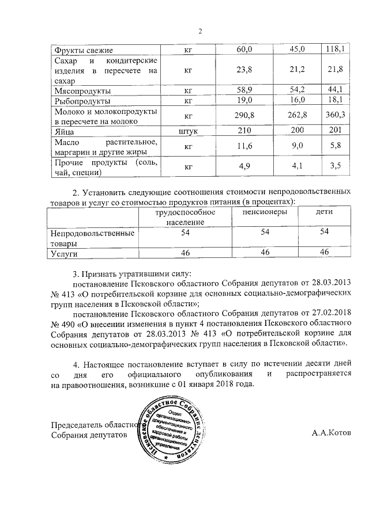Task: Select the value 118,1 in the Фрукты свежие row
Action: [x=334, y=50]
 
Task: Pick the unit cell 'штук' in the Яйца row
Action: [x=189, y=131]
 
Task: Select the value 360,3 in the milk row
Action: [x=334, y=116]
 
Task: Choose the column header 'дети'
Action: [x=324, y=212]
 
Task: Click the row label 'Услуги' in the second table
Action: [x=64, y=253]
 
